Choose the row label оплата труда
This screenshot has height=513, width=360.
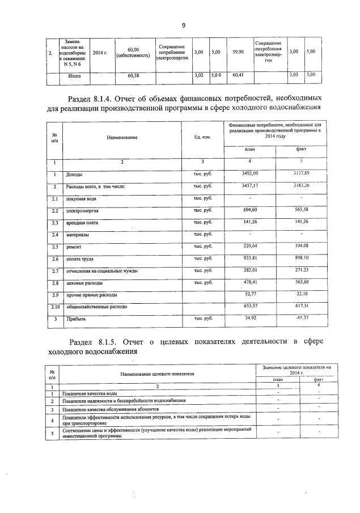pyautogui.click(x=81, y=259)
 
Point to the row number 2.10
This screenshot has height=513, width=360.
pyautogui.click(x=54, y=307)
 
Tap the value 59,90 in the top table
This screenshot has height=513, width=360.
pyautogui.click(x=238, y=52)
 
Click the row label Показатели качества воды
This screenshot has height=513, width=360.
pyautogui.click(x=91, y=393)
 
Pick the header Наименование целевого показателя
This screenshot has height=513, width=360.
pyautogui.click(x=157, y=374)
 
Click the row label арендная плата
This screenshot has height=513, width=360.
pyautogui.click(x=83, y=223)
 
